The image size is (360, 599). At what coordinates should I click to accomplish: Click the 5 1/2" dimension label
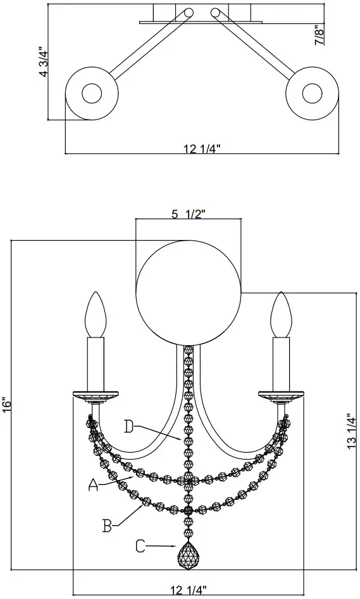coord(188,214)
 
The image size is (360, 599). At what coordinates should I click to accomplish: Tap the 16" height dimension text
coord(6,404)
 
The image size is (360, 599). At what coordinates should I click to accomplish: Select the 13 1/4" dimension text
coord(352,432)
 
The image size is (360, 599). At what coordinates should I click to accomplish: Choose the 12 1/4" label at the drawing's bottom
coord(188,590)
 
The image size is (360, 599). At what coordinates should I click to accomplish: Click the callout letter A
coord(93,485)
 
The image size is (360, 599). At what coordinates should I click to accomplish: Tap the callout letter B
coord(108,524)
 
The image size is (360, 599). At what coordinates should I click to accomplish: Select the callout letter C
coord(140,545)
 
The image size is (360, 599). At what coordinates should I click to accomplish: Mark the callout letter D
coord(128,427)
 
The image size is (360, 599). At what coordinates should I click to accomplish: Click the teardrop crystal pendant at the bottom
coord(188,557)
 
